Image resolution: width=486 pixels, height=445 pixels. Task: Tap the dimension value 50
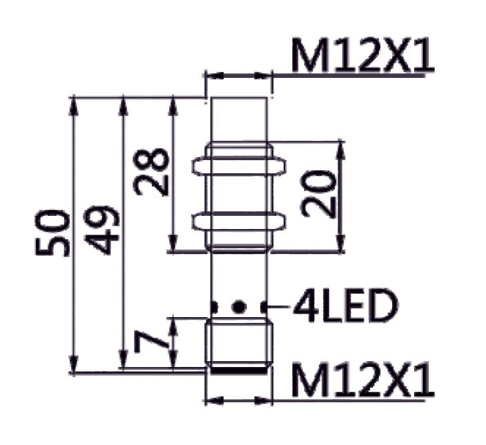pos(53,233)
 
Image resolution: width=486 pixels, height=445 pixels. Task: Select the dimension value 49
pos(105,230)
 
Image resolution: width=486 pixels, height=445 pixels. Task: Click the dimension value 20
pos(318,194)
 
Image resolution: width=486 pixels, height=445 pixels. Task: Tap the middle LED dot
pos(240,307)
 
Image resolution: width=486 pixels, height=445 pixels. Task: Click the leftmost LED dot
pos(214,307)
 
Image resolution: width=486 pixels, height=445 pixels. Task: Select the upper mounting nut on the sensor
pos(240,164)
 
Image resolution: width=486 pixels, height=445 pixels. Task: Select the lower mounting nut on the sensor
pos(240,221)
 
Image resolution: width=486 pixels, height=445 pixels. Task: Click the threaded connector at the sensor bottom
pos(240,343)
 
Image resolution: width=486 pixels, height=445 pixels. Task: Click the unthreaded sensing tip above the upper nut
pos(240,120)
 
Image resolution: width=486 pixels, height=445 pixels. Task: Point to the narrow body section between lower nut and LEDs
pos(240,273)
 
